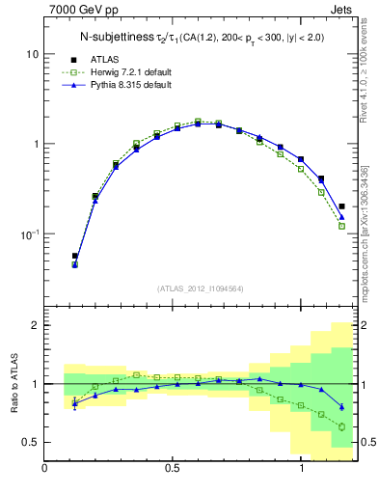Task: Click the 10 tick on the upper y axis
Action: [32, 54]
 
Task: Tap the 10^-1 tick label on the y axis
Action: [28, 234]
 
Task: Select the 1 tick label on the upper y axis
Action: [35, 144]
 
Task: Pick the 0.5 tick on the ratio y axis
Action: [29, 442]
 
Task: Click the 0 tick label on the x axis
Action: [44, 469]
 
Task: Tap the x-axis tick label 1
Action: [303, 469]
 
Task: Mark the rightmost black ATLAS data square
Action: [341, 206]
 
